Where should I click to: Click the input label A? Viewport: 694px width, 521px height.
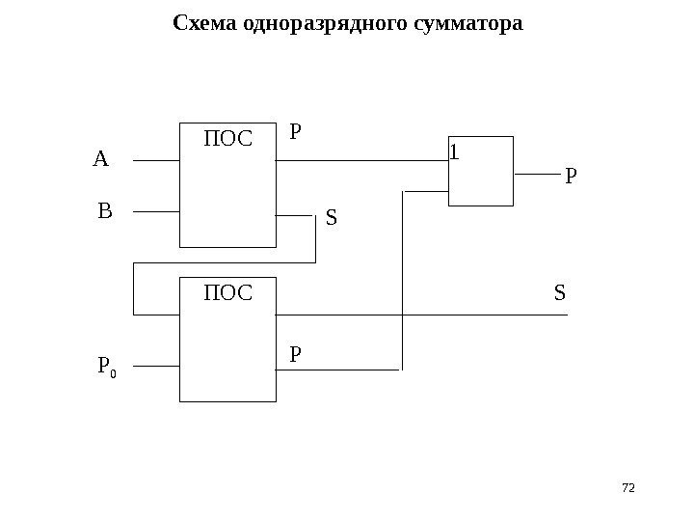[101, 158]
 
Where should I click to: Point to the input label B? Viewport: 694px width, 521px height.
[105, 209]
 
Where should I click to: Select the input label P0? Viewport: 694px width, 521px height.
[106, 367]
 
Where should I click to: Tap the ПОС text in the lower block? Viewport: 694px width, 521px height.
[227, 291]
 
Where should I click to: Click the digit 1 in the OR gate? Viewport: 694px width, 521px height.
[456, 152]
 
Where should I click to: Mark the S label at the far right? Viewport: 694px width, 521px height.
[560, 290]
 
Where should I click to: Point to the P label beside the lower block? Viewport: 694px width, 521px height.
[296, 354]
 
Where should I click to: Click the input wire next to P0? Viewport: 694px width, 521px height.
[155, 367]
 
